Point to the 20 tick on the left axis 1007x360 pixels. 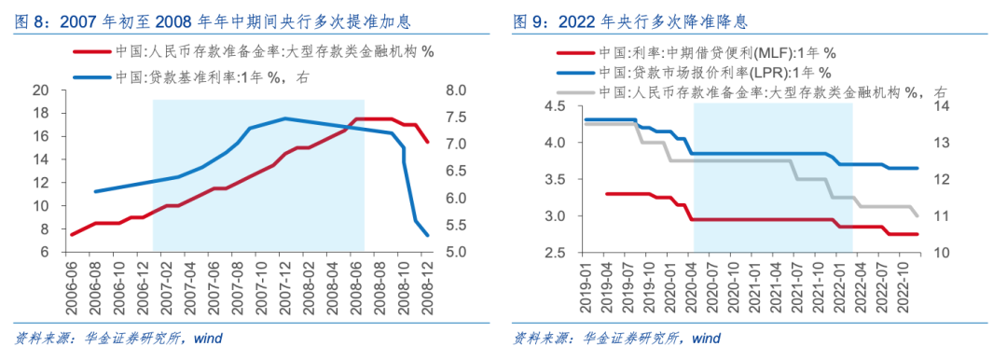tap(40, 90)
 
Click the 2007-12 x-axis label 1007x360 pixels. tap(285, 281)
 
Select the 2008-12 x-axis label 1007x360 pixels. tap(428, 281)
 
